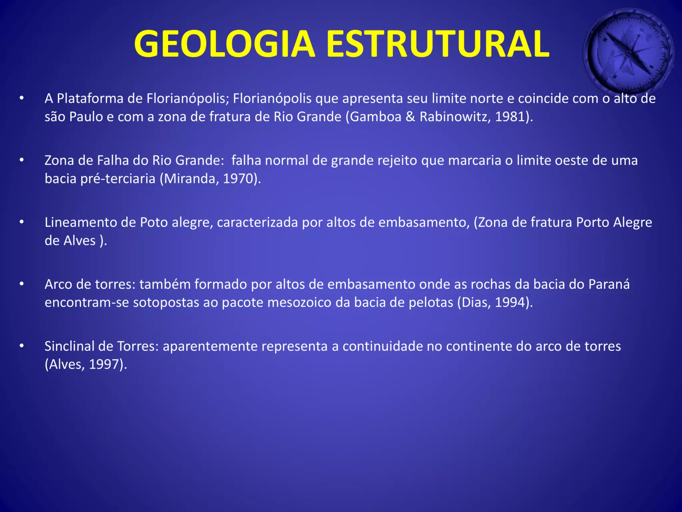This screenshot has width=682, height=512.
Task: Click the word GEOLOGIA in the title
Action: pyautogui.click(x=224, y=44)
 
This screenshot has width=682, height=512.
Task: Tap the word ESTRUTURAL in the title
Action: pyautogui.click(x=437, y=44)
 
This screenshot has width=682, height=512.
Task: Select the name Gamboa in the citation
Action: pyautogui.click(x=376, y=117)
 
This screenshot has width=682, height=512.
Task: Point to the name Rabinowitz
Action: pyautogui.click(x=455, y=117)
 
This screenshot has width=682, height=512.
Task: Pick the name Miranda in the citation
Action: pyautogui.click(x=191, y=179)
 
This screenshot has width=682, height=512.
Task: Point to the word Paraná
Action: pyautogui.click(x=609, y=284)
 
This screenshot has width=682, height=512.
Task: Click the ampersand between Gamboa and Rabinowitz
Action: pyautogui.click(x=410, y=117)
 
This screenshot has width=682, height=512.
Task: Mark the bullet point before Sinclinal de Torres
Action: pyautogui.click(x=22, y=346)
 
